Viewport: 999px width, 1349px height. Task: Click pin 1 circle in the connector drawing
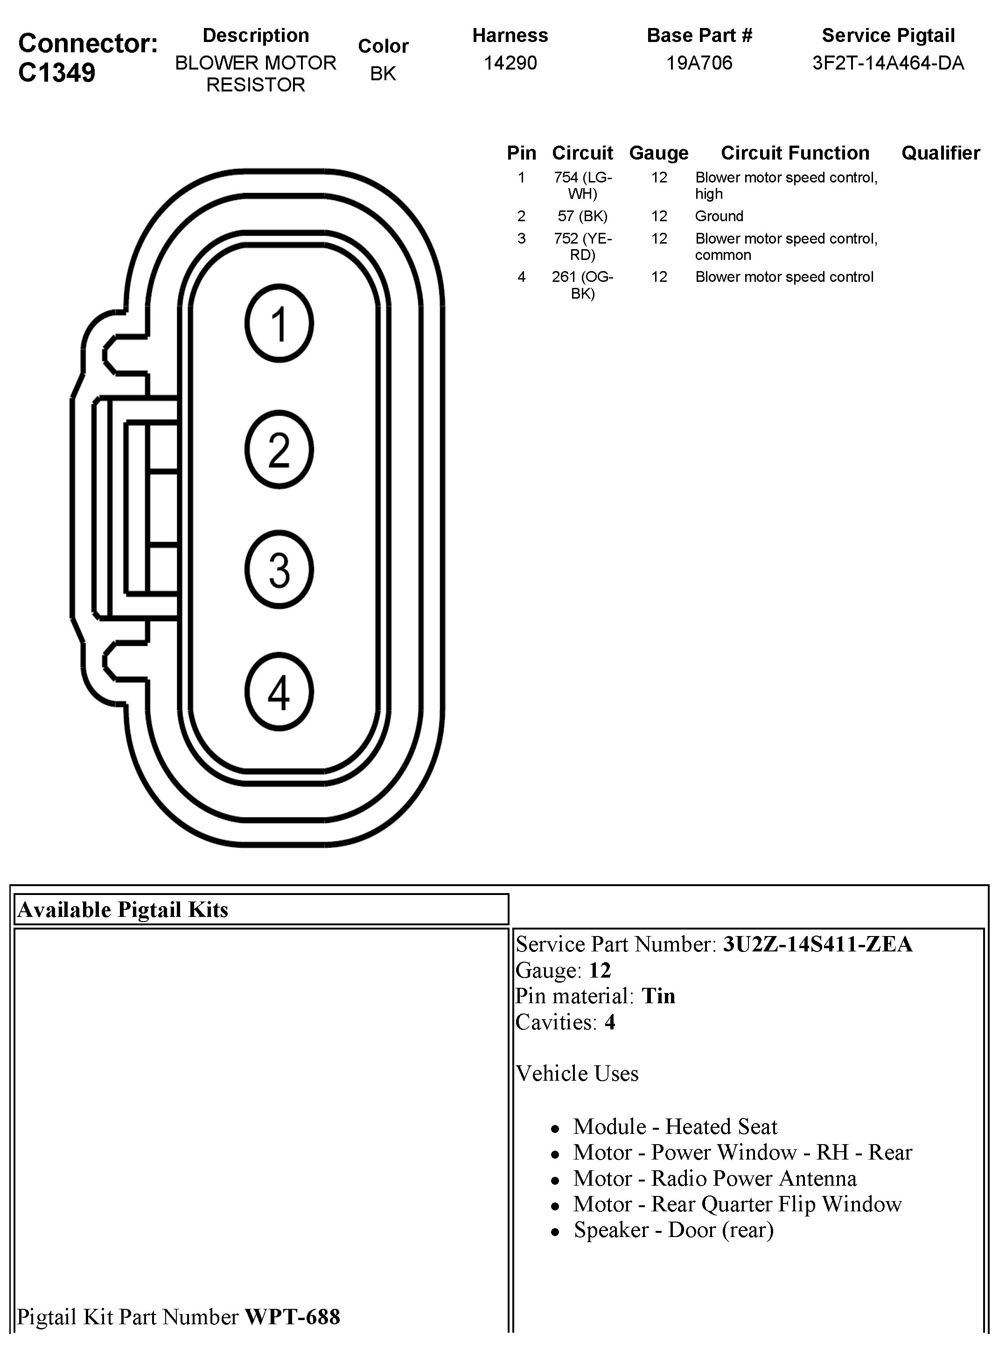279,323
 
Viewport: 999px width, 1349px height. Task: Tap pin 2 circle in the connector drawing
279,449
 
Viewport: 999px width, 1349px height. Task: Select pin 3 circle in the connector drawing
279,569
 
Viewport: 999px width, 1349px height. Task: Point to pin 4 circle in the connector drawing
279,691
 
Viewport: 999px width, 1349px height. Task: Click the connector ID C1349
57,72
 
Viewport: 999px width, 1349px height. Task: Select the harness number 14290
510,63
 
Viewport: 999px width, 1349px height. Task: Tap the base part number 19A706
699,63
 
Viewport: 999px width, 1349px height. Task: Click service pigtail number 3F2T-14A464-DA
888,63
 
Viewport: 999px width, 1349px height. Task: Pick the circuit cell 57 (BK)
582,216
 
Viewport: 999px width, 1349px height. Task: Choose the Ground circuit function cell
719,216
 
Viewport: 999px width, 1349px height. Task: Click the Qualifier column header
940,153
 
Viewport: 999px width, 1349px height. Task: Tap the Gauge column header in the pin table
658,153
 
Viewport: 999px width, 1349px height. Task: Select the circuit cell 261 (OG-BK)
582,285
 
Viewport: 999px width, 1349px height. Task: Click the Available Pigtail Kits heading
123,909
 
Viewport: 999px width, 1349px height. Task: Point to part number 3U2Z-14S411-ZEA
817,944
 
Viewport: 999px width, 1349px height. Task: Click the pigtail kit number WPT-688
292,1316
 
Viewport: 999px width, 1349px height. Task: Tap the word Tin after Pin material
658,996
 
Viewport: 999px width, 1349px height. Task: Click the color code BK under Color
383,73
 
